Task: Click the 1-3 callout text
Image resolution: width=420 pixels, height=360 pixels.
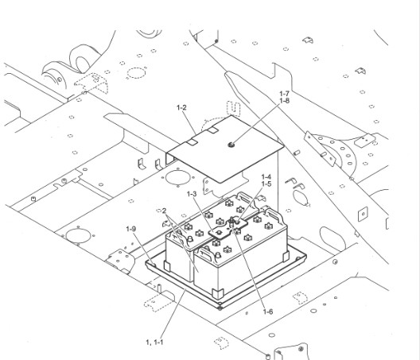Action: pos(192,194)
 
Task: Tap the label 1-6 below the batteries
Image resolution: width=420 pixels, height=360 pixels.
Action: pos(268,312)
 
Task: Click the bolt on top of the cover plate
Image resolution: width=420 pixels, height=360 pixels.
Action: pos(230,144)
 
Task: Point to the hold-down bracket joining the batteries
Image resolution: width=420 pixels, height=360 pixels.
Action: pos(231,230)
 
